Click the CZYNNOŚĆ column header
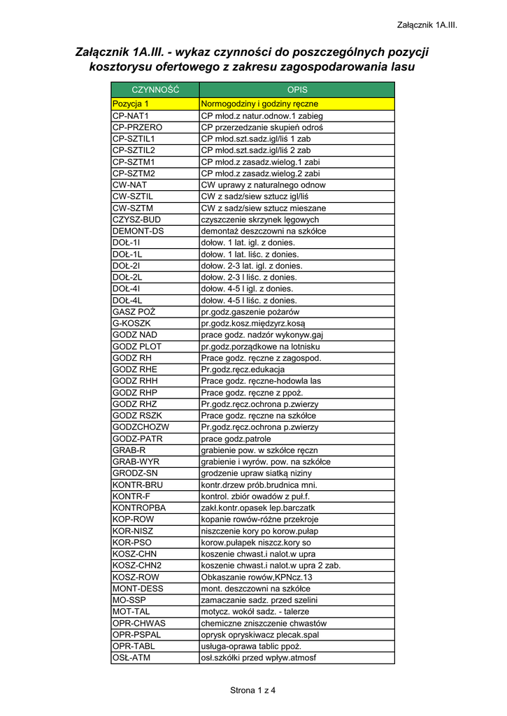tap(155, 90)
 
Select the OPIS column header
tap(297, 90)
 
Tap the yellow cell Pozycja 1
tap(131, 104)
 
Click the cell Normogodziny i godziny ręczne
tap(259, 104)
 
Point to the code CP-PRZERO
tap(137, 127)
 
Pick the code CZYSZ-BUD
tap(136, 220)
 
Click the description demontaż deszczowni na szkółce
tap(264, 231)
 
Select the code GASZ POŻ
tap(134, 312)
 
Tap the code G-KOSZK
tap(131, 323)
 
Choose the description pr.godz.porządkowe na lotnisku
tap(260, 346)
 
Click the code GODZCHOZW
tap(141, 427)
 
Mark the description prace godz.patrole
tap(236, 438)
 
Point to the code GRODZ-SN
tap(135, 473)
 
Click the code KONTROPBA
tap(139, 507)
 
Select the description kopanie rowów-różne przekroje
tap(259, 519)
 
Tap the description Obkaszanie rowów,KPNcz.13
tap(257, 577)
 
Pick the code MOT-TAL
tap(131, 611)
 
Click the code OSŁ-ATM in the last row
tap(131, 657)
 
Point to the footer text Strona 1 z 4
tap(253, 691)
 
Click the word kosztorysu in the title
tap(121, 67)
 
